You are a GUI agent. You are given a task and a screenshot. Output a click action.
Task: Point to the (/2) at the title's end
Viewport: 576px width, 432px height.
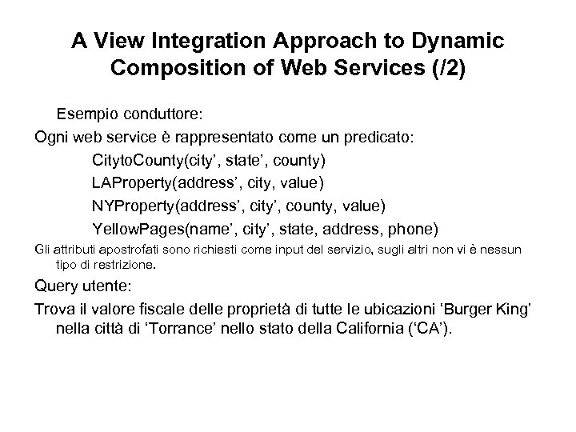pyautogui.click(x=442, y=67)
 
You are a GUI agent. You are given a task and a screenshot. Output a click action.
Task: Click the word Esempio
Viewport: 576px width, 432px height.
pyautogui.click(x=87, y=114)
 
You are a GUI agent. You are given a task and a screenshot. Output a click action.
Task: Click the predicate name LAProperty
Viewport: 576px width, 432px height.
pyautogui.click(x=133, y=183)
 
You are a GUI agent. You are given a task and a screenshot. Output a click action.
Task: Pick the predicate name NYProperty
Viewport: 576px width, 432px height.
pyautogui.click(x=134, y=206)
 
